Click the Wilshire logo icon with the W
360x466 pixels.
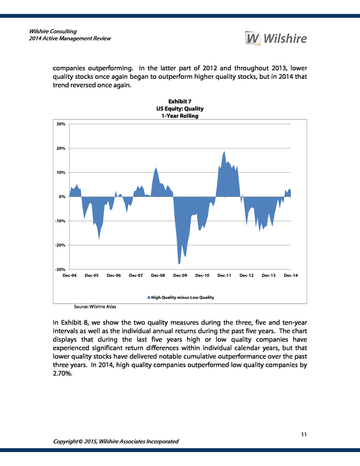tap(253, 38)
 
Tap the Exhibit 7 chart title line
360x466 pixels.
tap(179, 101)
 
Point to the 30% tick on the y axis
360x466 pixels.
tap(61, 124)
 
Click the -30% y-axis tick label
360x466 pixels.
tap(60, 269)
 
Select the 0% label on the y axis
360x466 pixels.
tap(62, 196)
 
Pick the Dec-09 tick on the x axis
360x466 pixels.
tap(180, 276)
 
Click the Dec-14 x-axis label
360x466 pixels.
tap(290, 276)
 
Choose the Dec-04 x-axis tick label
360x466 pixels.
tap(70, 276)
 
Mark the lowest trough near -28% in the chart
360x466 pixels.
tap(178, 264)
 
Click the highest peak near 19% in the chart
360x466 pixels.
tap(224, 151)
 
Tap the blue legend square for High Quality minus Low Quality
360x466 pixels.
tap(149, 298)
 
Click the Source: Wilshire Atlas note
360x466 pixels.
tap(94, 307)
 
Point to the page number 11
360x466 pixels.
tap(304, 434)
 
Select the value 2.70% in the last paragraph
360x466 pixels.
tap(62, 373)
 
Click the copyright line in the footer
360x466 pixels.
tap(116, 441)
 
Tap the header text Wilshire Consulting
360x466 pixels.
tap(53, 31)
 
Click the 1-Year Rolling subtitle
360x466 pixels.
tap(179, 116)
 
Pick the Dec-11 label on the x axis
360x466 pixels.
tap(224, 276)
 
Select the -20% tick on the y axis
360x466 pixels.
tap(60, 245)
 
